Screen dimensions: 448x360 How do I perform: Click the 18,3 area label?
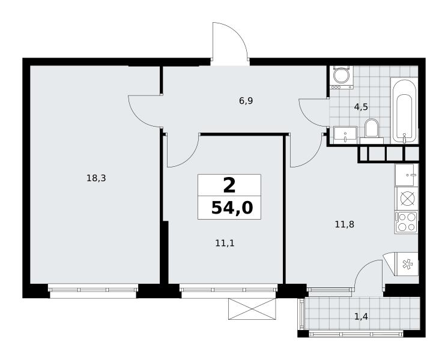96,178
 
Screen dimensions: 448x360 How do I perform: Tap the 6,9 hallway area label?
246,101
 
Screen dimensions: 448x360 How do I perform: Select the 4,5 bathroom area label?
361,107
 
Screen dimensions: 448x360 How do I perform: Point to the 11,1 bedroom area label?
225,243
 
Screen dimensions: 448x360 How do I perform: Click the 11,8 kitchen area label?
345,224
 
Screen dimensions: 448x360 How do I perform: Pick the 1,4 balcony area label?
361,316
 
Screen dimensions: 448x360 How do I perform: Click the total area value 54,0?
232,208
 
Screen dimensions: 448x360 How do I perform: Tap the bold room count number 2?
229,185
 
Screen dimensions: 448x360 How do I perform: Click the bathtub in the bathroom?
404,110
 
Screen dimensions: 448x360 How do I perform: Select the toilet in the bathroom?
371,131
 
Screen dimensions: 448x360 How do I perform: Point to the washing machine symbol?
342,77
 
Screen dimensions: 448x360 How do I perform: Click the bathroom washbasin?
345,135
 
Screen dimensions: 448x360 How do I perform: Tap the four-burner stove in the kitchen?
406,223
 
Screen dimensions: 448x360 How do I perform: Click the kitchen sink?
407,175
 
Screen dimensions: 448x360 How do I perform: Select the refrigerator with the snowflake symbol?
406,265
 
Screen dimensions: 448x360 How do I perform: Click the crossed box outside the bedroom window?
252,309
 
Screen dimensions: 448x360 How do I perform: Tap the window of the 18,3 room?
93,290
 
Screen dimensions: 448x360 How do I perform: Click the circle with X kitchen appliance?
406,199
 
